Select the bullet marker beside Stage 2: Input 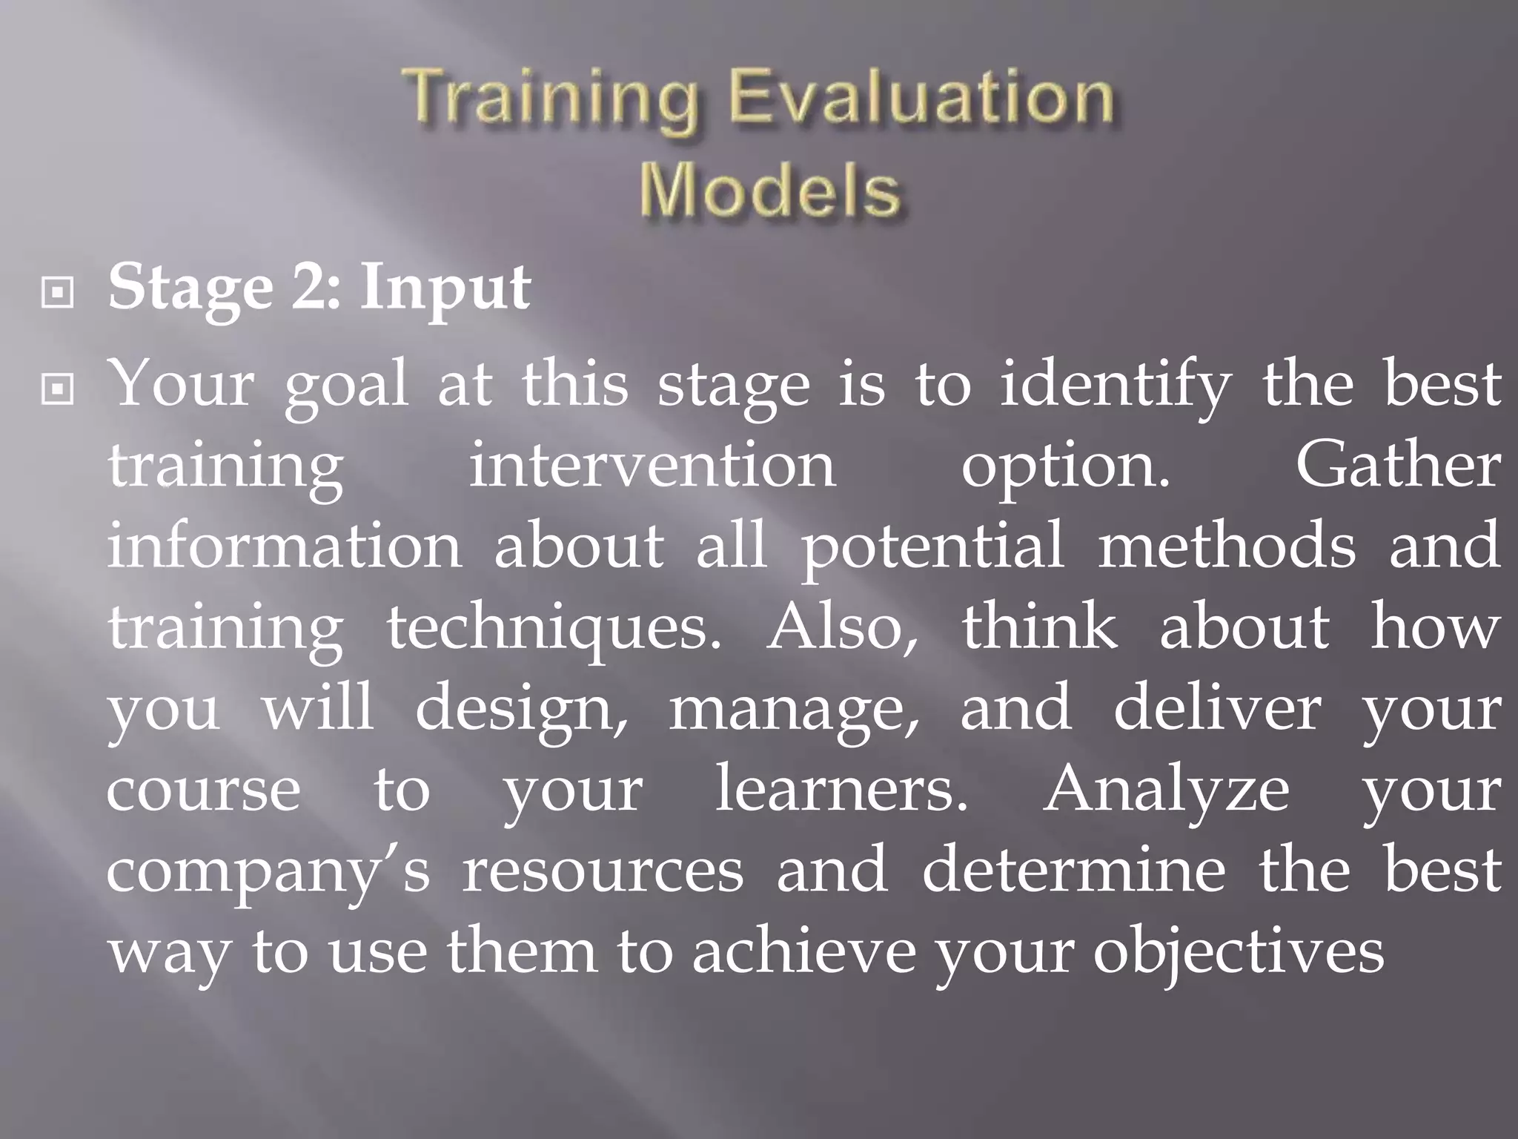(58, 294)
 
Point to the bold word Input (445, 288)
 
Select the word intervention (652, 467)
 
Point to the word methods (1227, 546)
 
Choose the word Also (842, 627)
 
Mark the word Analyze (1167, 790)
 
